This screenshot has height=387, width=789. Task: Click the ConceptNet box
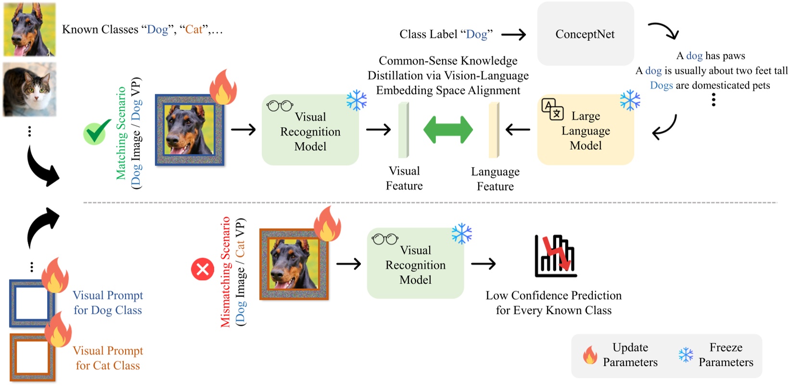(x=585, y=34)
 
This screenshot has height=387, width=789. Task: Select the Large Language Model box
(x=585, y=129)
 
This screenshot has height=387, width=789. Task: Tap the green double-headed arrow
(x=448, y=129)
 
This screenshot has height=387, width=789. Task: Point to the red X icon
(x=203, y=270)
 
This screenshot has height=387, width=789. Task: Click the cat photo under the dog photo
(x=30, y=90)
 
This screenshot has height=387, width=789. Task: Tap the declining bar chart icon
(x=556, y=256)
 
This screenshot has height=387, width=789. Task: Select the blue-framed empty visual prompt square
(x=32, y=304)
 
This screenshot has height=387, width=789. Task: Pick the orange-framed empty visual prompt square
(x=32, y=357)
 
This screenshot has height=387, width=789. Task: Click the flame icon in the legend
(x=590, y=355)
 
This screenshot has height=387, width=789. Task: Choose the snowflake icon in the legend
(x=686, y=355)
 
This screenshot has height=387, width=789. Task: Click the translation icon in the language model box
(x=552, y=109)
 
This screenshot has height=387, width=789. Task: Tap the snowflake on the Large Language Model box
(x=630, y=101)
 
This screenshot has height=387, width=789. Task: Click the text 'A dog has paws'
(x=711, y=56)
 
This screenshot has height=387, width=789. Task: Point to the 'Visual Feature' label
(x=404, y=179)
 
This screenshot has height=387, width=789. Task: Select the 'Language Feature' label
(x=495, y=179)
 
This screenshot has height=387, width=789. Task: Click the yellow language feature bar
(x=494, y=130)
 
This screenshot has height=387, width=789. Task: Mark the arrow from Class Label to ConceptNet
(x=513, y=35)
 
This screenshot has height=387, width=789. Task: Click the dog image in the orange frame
(x=294, y=264)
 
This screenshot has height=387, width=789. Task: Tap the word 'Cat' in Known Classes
(x=194, y=29)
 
